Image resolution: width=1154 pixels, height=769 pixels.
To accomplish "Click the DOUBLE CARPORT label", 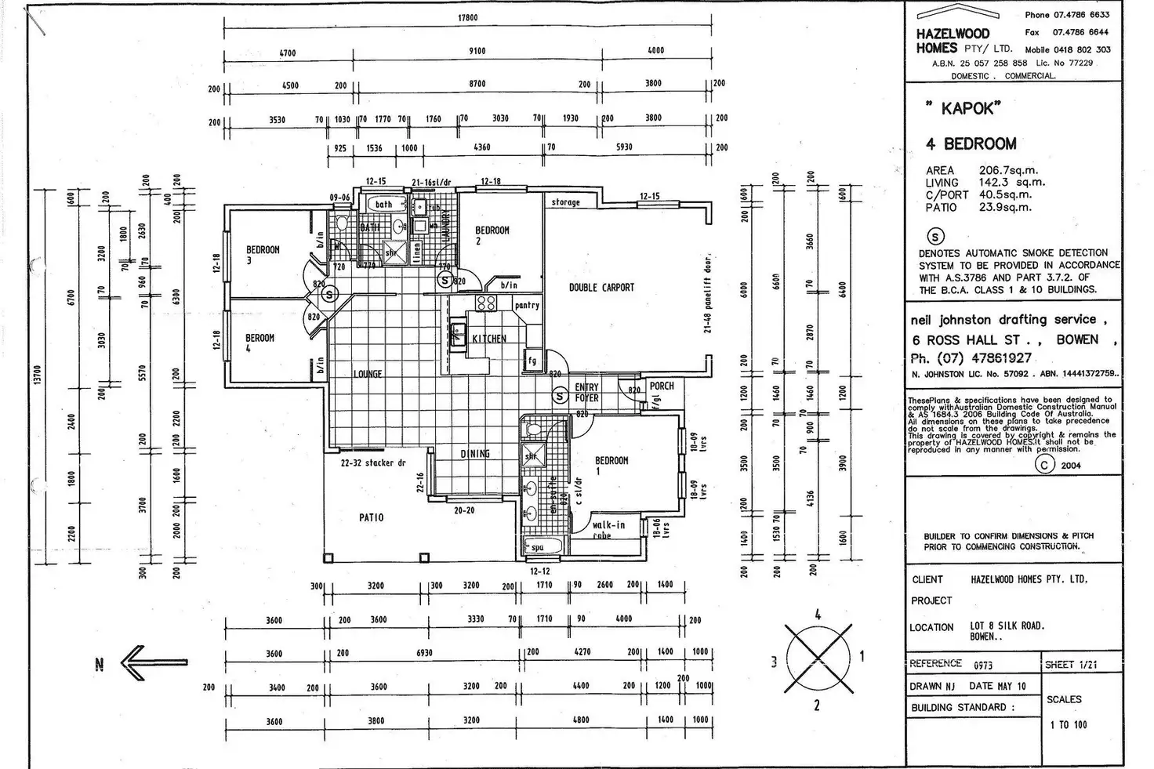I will (x=601, y=288).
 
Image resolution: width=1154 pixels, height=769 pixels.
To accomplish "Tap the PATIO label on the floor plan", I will (x=372, y=517).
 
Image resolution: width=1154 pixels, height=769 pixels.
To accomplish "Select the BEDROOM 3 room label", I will (x=263, y=255).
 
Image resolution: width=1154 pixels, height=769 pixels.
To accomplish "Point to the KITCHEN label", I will (x=489, y=339).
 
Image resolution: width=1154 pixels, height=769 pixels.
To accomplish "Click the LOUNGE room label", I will (x=368, y=374).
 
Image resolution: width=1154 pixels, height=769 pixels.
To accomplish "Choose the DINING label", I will (x=475, y=454).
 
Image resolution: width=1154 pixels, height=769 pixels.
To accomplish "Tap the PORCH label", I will (x=662, y=386).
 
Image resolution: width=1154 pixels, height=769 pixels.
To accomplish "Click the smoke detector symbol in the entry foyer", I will (x=560, y=396).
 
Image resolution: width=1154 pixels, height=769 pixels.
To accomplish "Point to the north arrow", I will (x=154, y=662).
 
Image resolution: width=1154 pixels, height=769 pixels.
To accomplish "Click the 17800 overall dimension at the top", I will (x=467, y=18).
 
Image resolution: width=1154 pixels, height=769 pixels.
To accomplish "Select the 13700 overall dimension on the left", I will (x=37, y=375).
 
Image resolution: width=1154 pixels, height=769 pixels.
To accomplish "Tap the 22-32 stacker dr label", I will (x=373, y=463).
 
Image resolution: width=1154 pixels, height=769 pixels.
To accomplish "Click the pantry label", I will (x=527, y=305).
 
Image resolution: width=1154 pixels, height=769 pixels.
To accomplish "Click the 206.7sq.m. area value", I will (x=1008, y=170).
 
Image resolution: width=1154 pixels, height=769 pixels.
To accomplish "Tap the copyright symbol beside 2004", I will (x=1044, y=464).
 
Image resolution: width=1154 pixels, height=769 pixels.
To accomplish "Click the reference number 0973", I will (x=983, y=665).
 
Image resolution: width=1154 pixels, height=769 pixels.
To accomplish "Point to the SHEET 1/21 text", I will (x=1071, y=665).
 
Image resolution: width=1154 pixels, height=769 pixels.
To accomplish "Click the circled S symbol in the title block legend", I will (x=935, y=237).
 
